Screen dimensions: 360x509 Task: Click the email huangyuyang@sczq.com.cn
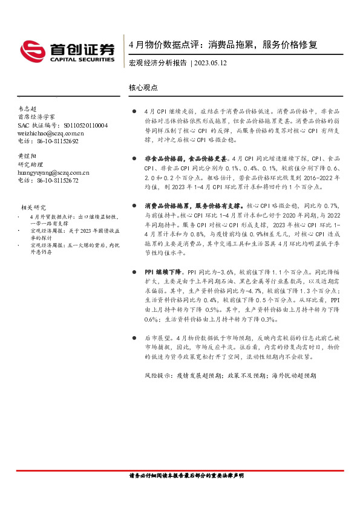point(53,172)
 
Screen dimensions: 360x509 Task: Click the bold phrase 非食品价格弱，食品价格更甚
point(187,157)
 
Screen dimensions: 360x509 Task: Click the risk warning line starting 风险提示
point(230,375)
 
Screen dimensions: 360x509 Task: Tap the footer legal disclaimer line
point(186,476)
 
